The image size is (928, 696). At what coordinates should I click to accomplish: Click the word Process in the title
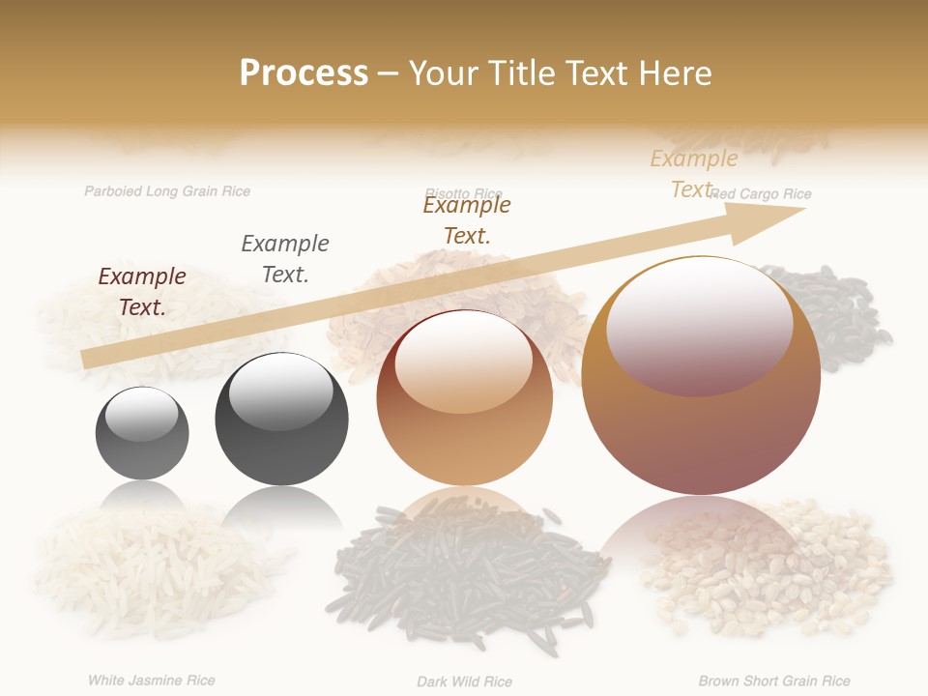pos(304,73)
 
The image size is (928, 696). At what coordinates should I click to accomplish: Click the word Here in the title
pos(673,73)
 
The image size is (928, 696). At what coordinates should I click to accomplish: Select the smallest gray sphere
pos(142,432)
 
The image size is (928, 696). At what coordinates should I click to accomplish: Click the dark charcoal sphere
pos(281,419)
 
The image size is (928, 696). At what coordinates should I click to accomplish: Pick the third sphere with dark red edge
pos(464,397)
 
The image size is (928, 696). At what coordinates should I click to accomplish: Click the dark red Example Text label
pos(142,292)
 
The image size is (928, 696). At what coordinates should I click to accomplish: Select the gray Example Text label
pos(285,259)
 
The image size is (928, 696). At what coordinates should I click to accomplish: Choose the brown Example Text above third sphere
pos(467,219)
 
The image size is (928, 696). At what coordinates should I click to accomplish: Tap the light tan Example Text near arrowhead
pos(693,174)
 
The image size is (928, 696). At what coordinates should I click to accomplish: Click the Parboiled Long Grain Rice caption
pos(167,191)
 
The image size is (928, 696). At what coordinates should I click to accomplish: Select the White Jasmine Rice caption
pos(152,681)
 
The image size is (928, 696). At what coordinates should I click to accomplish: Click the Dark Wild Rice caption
pos(464,681)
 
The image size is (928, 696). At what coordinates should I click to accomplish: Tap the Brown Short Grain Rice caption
pos(774,681)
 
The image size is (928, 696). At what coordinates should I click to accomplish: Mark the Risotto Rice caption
pos(464,193)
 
